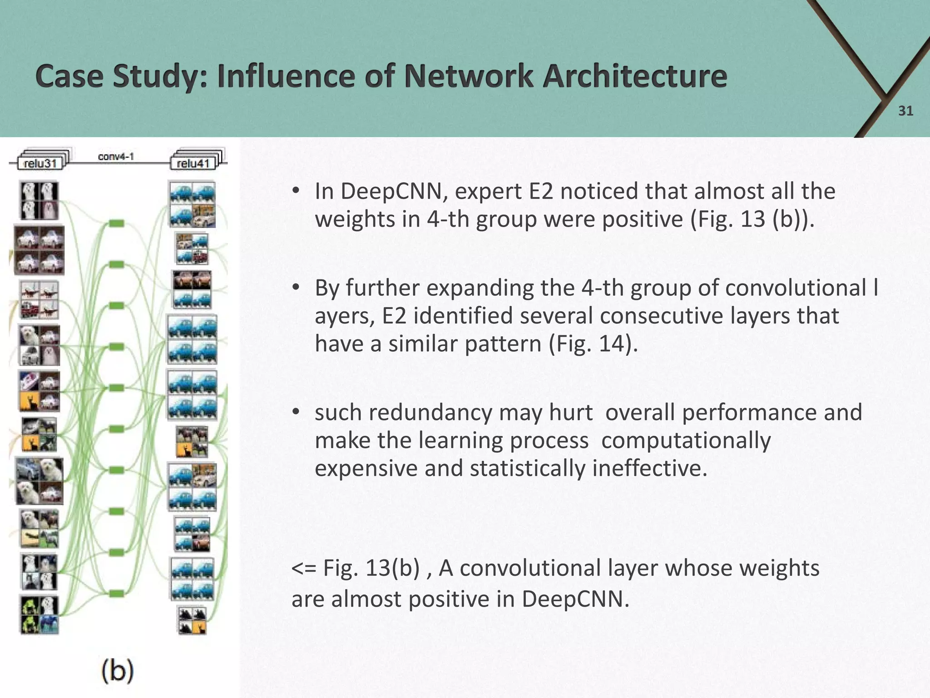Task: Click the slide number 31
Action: point(905,111)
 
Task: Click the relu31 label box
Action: point(40,163)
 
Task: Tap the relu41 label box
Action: point(193,163)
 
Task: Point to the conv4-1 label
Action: point(116,157)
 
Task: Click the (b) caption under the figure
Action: point(117,671)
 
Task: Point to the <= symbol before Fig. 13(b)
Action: point(303,568)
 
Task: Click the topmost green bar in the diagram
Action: point(117,223)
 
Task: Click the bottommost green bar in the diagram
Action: point(117,593)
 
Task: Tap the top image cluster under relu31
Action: point(39,200)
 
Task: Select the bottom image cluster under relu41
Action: point(191,620)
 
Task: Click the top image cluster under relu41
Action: point(192,204)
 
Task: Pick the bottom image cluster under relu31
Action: point(39,614)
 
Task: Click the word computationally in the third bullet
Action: point(686,440)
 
